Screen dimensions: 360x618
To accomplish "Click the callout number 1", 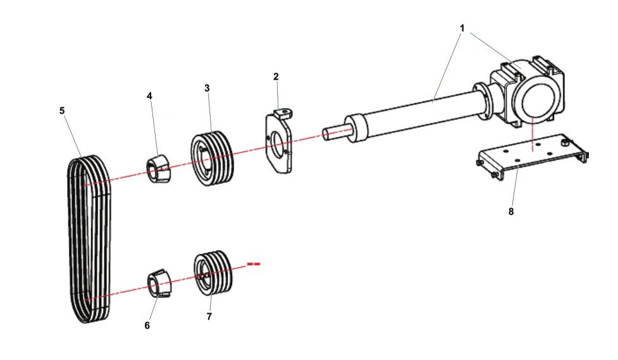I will click(x=462, y=28).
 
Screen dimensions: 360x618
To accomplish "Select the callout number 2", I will click(x=276, y=76).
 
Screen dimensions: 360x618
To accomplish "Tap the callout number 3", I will click(x=207, y=88).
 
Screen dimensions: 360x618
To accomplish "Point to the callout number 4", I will click(x=149, y=96).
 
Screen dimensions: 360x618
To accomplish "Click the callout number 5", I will click(x=62, y=110).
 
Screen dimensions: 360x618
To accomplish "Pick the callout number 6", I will click(x=147, y=325).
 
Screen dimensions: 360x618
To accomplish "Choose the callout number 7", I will click(x=209, y=316).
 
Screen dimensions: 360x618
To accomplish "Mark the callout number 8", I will click(x=511, y=211).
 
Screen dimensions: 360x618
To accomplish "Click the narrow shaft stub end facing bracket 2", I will click(x=333, y=132).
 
